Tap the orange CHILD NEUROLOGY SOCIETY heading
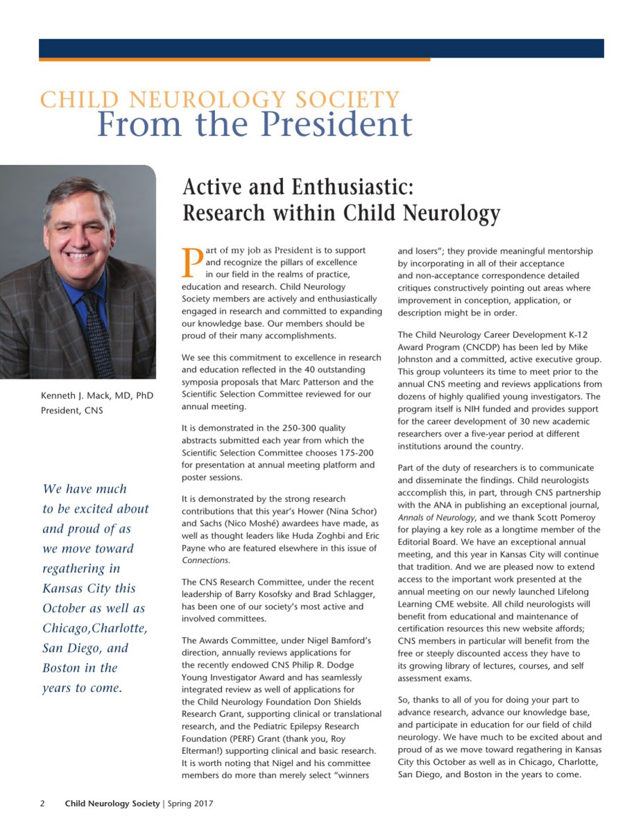pos(220,99)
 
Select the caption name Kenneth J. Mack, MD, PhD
pos(97,396)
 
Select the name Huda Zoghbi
pos(309,536)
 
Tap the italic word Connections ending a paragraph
pos(205,560)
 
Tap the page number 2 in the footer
pos(42,804)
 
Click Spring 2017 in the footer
pos(189,804)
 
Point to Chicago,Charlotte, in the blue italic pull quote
pos(95,628)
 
